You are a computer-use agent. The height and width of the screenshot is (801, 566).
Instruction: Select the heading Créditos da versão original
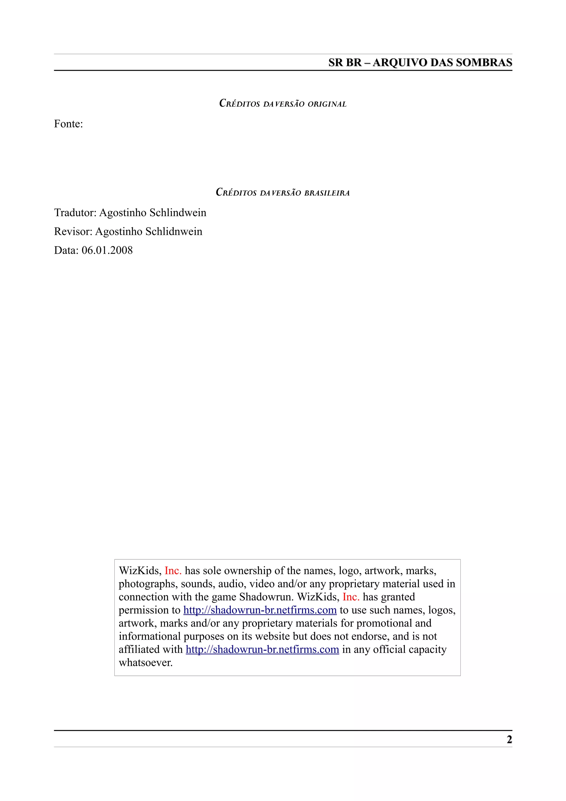[x=283, y=104]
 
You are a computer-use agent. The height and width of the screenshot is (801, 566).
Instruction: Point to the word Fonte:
[x=68, y=124]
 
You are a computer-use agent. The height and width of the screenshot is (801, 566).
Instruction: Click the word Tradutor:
[x=75, y=213]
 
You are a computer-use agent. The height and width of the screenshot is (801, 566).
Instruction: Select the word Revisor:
[x=73, y=231]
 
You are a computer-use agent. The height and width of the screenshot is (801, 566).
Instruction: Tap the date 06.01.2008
[x=107, y=250]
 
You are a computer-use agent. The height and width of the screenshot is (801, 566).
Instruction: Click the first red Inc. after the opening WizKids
[x=173, y=570]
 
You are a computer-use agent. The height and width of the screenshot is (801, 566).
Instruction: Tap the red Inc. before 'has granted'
[x=351, y=597]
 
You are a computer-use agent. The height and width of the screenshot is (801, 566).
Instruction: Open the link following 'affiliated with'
[x=262, y=649]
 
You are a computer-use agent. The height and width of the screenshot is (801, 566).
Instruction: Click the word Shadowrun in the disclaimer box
[x=266, y=597]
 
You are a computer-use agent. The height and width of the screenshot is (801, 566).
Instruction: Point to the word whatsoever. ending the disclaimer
[x=146, y=662]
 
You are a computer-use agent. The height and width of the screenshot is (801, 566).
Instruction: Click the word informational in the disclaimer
[x=150, y=636]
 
